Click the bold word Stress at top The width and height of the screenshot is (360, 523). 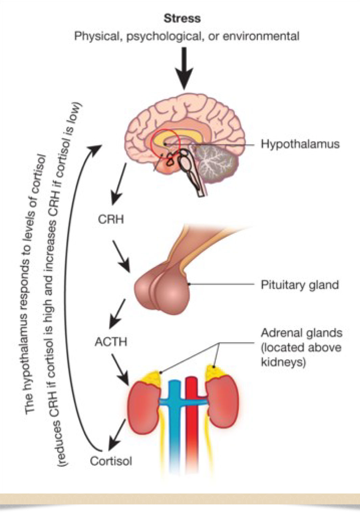(x=182, y=18)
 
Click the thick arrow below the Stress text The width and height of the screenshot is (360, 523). (x=184, y=68)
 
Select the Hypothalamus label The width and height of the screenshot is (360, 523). (x=300, y=144)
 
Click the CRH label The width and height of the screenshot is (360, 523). (x=111, y=219)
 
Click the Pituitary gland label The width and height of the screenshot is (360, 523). (x=299, y=285)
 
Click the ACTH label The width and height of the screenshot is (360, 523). (x=111, y=342)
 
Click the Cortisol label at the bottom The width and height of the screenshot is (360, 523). (x=111, y=461)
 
